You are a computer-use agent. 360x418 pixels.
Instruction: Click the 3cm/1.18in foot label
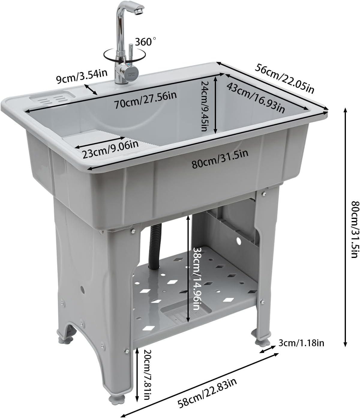click(x=301, y=343)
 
